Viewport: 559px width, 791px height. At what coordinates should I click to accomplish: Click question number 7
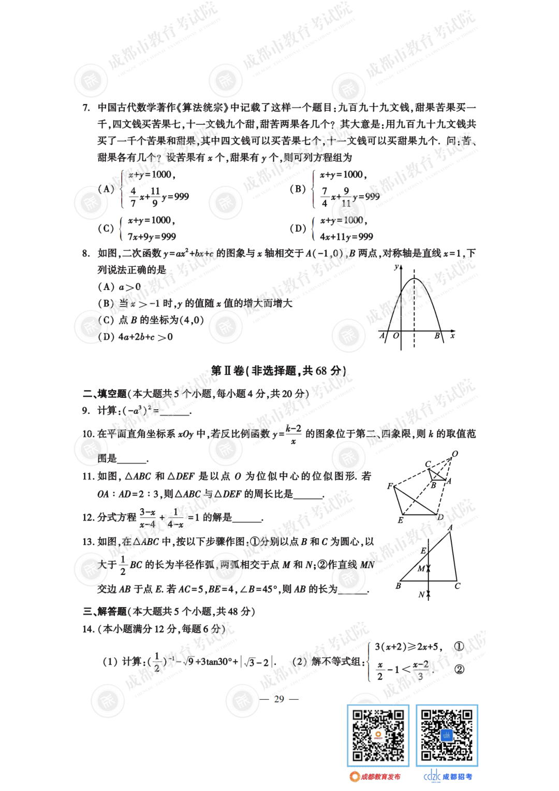[86, 108]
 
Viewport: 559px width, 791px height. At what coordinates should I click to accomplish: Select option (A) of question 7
[106, 189]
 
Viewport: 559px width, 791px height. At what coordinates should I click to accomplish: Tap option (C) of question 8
[106, 320]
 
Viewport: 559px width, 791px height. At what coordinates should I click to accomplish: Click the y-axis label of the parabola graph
[396, 267]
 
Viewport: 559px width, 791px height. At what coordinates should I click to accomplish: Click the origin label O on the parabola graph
[396, 336]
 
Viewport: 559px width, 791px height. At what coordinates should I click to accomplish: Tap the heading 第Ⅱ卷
[227, 371]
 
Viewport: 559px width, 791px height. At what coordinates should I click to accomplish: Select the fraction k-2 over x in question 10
[293, 434]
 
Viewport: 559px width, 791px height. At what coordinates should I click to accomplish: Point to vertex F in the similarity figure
[390, 486]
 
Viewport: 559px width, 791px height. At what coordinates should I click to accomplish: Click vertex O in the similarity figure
[455, 454]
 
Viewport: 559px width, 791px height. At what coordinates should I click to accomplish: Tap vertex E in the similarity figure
[400, 520]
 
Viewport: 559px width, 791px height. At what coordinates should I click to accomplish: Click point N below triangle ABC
[421, 595]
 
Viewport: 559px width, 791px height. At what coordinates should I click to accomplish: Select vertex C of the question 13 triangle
[457, 586]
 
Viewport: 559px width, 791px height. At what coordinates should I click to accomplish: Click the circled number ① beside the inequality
[459, 646]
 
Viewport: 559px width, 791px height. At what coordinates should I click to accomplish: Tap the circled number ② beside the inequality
[459, 669]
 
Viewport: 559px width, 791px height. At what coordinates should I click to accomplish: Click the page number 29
[279, 699]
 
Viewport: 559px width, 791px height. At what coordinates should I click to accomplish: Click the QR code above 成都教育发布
[378, 736]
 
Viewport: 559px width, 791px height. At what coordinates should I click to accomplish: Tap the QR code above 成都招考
[447, 736]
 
